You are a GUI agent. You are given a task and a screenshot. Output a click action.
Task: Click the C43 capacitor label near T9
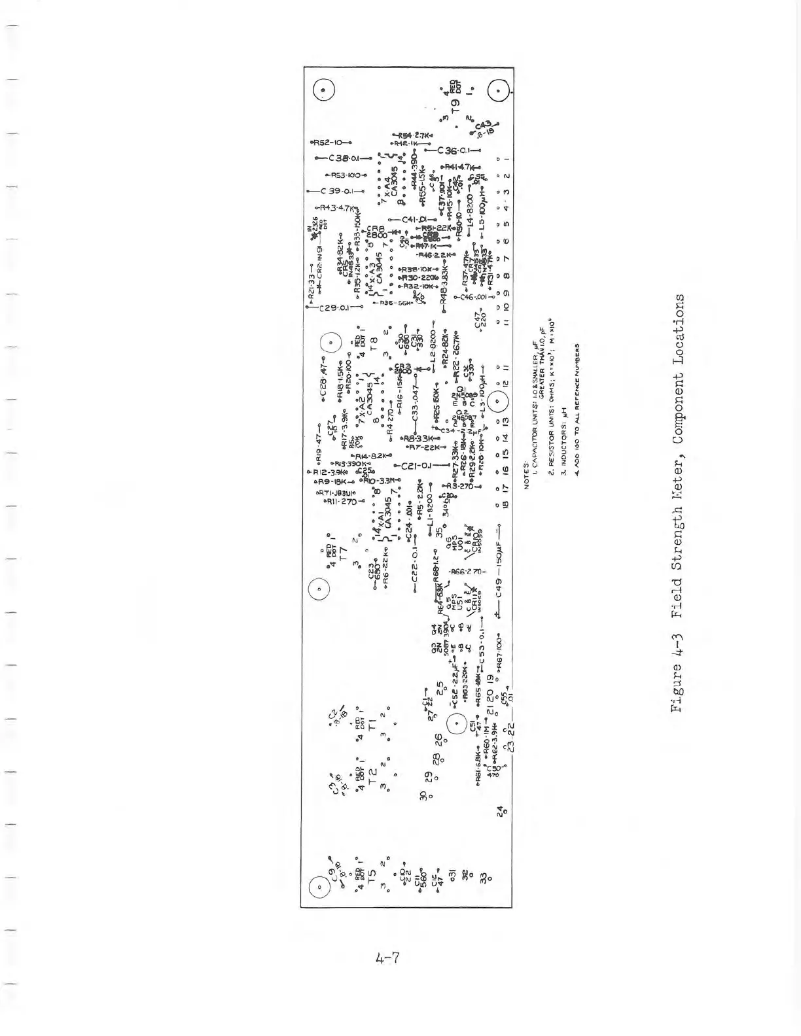pos(484,126)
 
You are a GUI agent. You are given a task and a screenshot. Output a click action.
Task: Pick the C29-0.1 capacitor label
pos(334,307)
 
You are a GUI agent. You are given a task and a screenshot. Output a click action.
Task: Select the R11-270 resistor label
pos(340,502)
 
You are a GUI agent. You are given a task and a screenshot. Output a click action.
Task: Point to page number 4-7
pos(387,959)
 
